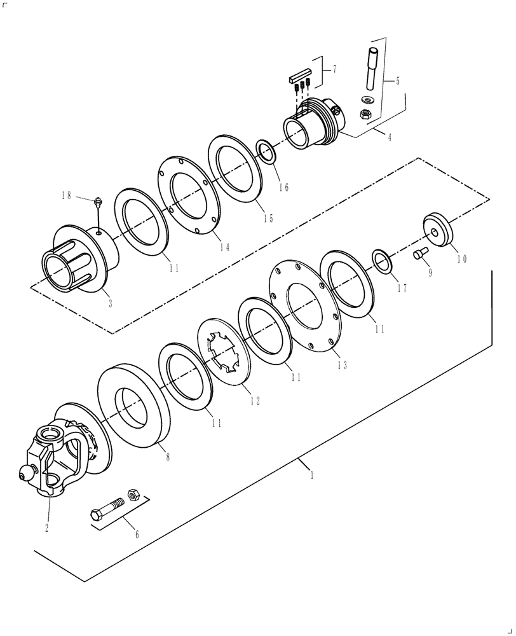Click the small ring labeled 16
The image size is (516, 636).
pyautogui.click(x=266, y=152)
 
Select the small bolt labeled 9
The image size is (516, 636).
pyautogui.click(x=419, y=254)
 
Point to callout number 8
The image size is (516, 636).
pyautogui.click(x=168, y=456)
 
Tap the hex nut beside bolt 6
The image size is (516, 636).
pyautogui.click(x=134, y=493)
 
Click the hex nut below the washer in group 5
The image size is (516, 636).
pyautogui.click(x=366, y=114)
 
